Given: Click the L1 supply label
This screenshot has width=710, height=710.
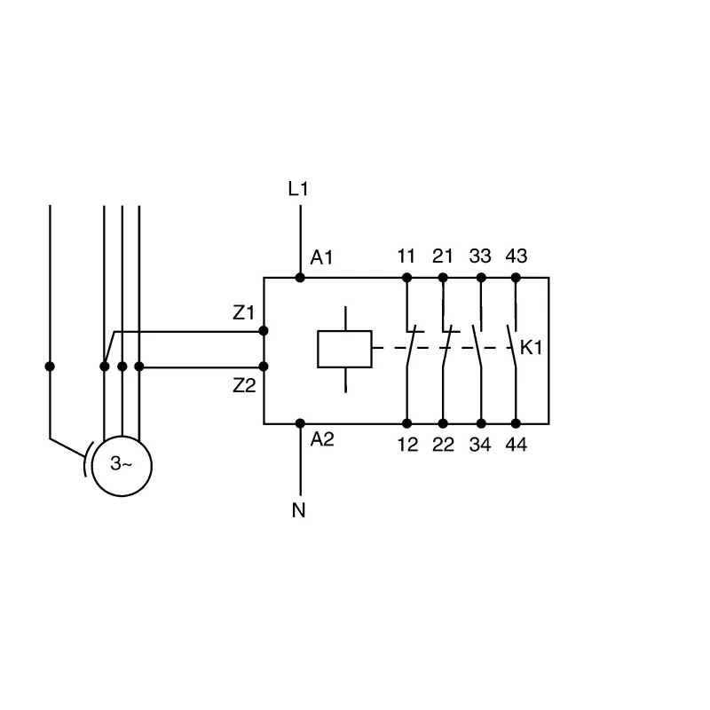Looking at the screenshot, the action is coord(298,189).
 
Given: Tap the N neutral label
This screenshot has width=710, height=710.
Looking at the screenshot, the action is coord(299,510).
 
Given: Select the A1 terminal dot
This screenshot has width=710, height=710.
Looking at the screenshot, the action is coord(300,278).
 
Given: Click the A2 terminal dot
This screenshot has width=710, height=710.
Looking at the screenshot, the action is coord(300,423).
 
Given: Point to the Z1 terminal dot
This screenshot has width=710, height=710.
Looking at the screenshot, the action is coord(263,331).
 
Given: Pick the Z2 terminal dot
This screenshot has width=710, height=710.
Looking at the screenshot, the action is coord(263,367).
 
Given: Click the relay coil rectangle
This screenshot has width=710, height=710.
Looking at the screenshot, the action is coord(345,349).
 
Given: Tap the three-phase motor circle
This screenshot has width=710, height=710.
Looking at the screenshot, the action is coord(122,466).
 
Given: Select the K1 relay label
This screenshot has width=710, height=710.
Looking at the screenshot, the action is coord(531,348).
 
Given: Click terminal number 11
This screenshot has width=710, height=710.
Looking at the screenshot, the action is coord(406,256).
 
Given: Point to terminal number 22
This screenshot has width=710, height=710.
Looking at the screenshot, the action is coord(443,445).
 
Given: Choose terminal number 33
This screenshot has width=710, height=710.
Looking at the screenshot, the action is coord(480,256).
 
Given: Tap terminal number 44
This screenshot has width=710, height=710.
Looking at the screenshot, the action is coord(517,445).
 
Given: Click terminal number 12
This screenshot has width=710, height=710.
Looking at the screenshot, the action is coord(407,445).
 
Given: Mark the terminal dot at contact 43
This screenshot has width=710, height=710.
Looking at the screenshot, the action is coord(516,278).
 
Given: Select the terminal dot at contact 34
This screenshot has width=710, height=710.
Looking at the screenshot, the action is coord(481,423).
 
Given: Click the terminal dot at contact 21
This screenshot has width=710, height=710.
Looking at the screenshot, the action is coord(443,278).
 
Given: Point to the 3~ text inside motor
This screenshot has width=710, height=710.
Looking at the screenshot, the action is coord(122,463).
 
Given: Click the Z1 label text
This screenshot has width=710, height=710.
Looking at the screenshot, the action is coord(243,312).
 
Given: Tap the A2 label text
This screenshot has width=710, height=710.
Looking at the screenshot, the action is coord(322,439).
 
